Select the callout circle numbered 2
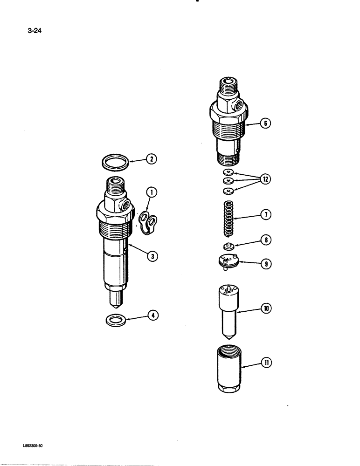151,159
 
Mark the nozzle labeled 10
228,309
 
